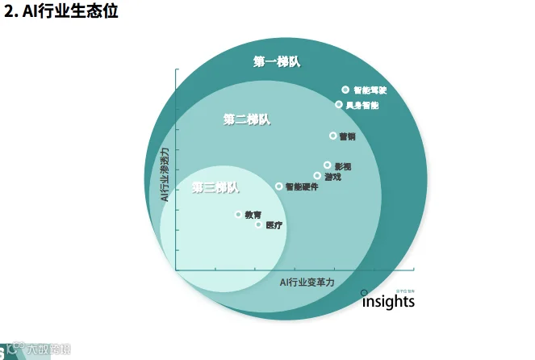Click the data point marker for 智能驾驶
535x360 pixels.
point(345,90)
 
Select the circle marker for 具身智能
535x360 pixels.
point(339,104)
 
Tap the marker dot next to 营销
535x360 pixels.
point(332,136)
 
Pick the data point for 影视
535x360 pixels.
point(327,165)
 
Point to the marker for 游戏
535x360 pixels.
point(317,175)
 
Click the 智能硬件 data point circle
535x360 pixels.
point(279,186)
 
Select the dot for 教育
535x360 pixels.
point(238,214)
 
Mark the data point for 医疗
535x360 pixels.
point(258,224)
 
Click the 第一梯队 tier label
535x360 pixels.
point(277,61)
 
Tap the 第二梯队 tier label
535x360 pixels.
point(247,119)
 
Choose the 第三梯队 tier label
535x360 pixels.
point(215,187)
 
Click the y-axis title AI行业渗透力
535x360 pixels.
point(165,174)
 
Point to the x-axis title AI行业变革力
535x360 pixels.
point(307,283)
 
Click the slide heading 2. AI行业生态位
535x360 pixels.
point(61,13)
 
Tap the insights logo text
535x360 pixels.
point(388,302)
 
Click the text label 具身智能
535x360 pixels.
point(362,105)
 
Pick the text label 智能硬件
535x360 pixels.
point(302,186)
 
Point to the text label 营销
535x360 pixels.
point(347,136)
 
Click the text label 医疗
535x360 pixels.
point(274,225)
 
